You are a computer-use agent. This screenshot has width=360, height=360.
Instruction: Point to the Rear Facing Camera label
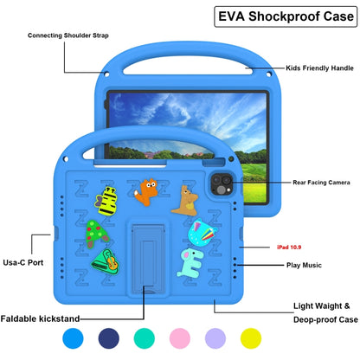click(x=321, y=183)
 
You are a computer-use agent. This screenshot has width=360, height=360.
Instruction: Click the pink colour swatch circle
click(x=182, y=337)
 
